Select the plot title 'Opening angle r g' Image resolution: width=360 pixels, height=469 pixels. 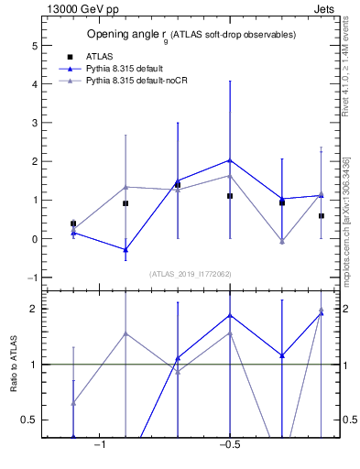click(191, 35)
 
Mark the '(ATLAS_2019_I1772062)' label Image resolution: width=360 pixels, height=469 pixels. click(190, 274)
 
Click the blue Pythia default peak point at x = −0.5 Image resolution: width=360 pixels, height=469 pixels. click(230, 160)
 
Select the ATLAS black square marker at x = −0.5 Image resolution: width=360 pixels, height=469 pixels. click(230, 196)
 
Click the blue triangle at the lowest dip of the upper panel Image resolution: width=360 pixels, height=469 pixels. click(125, 249)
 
